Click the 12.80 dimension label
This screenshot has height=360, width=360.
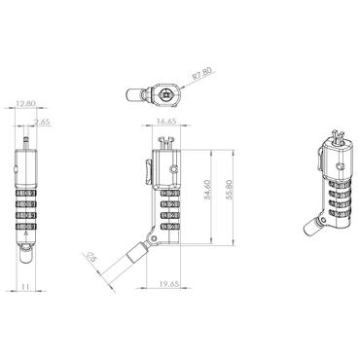(27, 102)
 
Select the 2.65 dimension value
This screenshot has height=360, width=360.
(42, 122)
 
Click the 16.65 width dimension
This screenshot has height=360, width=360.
(165, 123)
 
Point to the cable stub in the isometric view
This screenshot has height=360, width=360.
(314, 228)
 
